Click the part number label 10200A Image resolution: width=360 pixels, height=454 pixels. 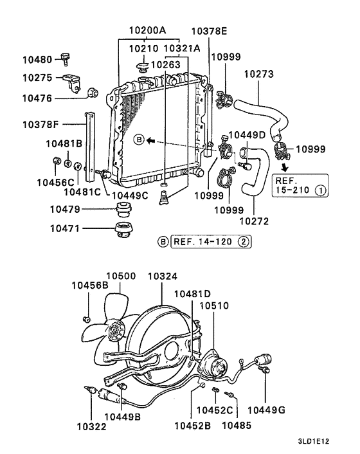[147, 31]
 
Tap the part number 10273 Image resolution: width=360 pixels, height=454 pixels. [259, 74]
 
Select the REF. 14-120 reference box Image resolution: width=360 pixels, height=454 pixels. [204, 242]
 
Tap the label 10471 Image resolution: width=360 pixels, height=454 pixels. [66, 227]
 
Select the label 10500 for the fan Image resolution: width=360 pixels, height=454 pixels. [121, 277]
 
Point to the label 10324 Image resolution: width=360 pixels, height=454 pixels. [163, 277]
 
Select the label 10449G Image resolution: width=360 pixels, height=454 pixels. [267, 410]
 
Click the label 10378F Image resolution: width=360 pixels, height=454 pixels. [40, 123]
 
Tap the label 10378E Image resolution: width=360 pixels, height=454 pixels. [209, 31]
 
